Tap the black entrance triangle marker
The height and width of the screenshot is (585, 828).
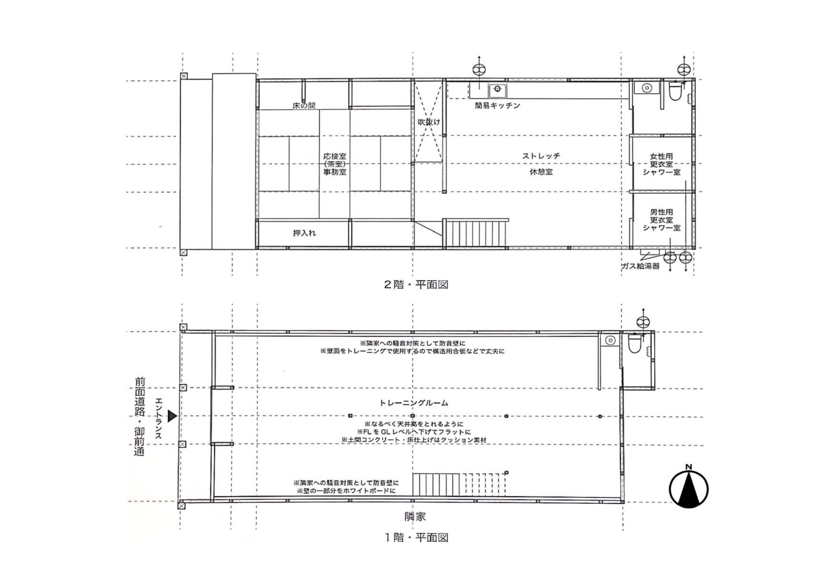[172, 416]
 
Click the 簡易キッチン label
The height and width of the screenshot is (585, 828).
[497, 106]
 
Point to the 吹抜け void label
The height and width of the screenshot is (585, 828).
[429, 122]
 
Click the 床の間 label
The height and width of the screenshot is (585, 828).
[304, 106]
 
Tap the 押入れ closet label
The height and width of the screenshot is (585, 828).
[304, 233]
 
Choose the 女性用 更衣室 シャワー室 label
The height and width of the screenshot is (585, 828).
[661, 164]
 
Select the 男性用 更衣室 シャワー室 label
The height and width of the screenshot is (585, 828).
[661, 220]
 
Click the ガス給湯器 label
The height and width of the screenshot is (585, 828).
[640, 266]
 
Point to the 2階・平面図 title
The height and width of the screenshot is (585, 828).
[416, 285]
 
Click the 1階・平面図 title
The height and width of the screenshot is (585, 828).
[416, 537]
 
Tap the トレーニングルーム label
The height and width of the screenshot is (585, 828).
[414, 403]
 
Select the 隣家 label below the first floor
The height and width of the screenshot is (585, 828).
[415, 516]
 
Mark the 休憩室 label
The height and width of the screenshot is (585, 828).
[541, 172]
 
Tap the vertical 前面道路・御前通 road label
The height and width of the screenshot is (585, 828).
[139, 416]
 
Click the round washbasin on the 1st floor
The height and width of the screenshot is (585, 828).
[610, 340]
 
